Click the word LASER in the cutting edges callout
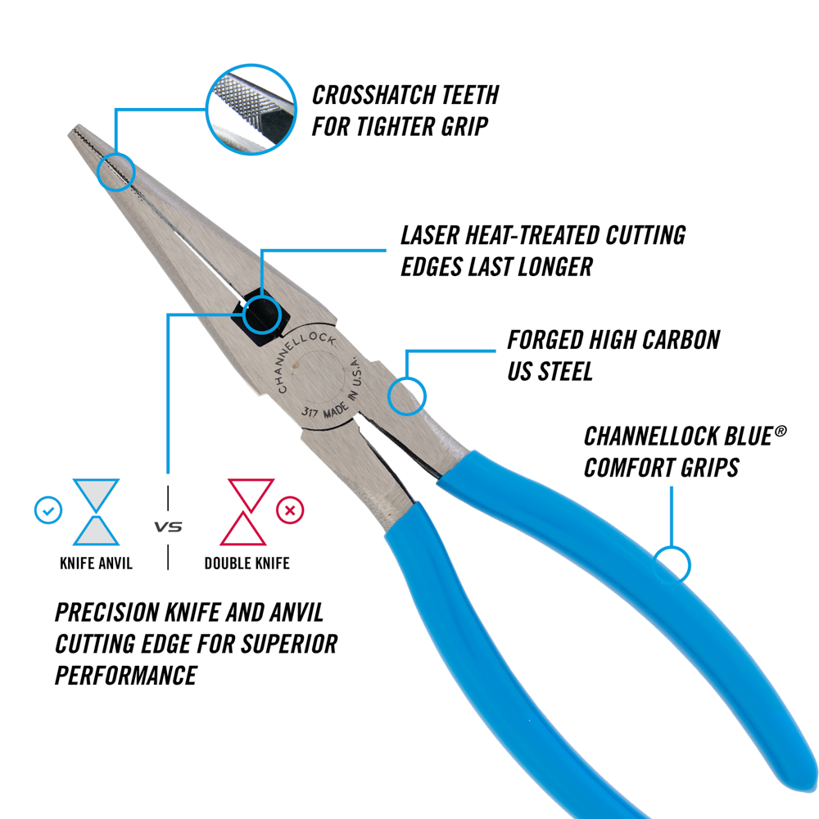pyautogui.click(x=432, y=236)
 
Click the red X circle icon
pyautogui.click(x=289, y=511)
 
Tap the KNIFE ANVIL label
pyautogui.click(x=96, y=563)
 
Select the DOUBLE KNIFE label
pyautogui.click(x=247, y=563)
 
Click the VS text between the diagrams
pyautogui.click(x=169, y=527)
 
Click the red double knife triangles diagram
pyautogui.click(x=247, y=513)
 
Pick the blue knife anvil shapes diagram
pyautogui.click(x=97, y=513)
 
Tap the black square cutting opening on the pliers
pyautogui.click(x=260, y=315)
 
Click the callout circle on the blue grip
pyautogui.click(x=672, y=564)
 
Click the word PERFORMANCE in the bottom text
pyautogui.click(x=125, y=675)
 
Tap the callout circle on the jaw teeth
pyautogui.click(x=115, y=170)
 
